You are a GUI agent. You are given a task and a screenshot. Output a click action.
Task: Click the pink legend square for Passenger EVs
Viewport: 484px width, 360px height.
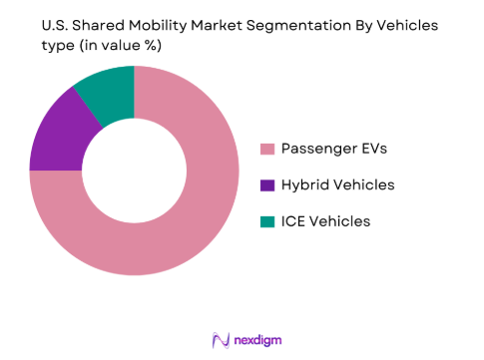pos(266,150)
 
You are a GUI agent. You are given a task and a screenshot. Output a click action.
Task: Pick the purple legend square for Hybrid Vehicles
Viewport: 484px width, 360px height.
pos(266,184)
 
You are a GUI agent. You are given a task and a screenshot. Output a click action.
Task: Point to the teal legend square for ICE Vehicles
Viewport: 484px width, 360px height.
pos(266,220)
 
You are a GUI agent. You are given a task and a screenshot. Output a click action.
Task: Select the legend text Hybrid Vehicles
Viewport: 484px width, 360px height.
pos(338,184)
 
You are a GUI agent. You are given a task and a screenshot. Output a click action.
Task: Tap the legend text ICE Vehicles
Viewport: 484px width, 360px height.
pos(325,220)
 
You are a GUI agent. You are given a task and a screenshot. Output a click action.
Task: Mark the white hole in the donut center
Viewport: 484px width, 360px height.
pos(134,171)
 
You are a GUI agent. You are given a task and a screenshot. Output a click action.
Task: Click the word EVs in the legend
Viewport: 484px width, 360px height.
pos(367,150)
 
